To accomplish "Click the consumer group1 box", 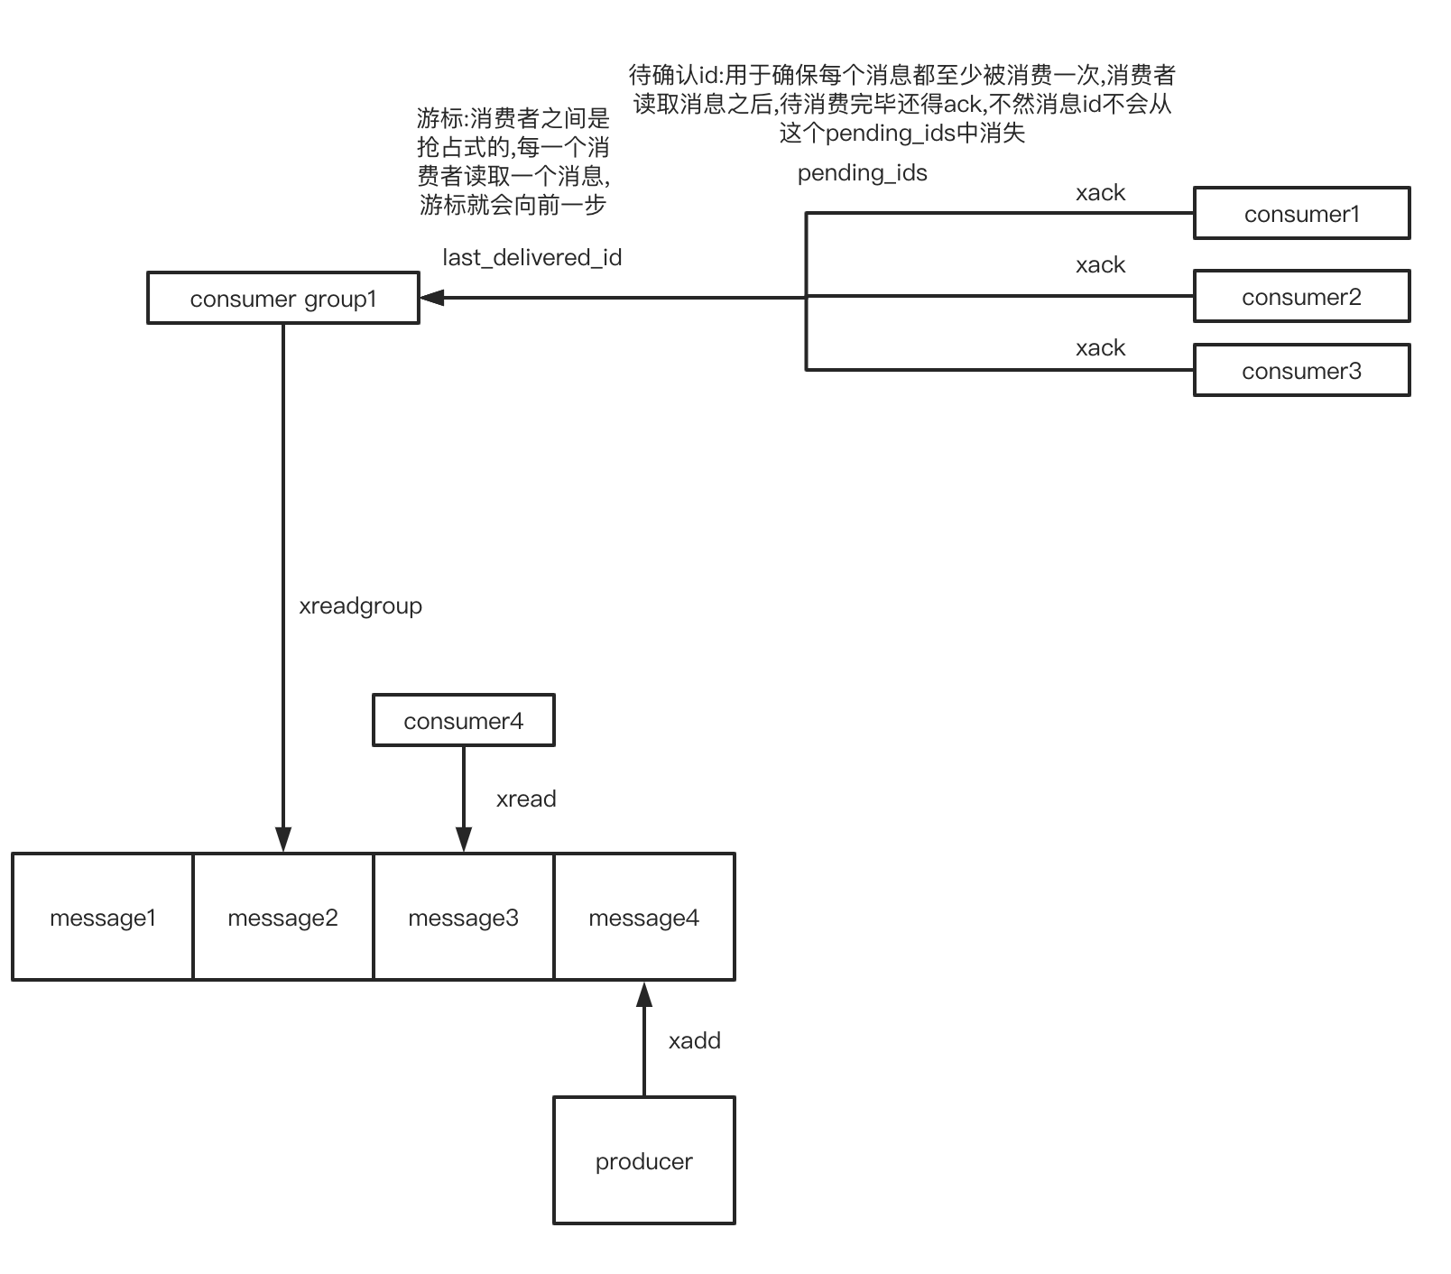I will [283, 298].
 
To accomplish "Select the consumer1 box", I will [1301, 214].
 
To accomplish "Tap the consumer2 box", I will [1301, 297].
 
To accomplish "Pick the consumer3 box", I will [1301, 371].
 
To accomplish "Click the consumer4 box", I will [463, 721].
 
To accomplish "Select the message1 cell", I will [103, 918].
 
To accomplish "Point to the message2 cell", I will [282, 918].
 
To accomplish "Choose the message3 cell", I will [463, 918].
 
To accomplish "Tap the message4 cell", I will [643, 918].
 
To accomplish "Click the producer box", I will [643, 1160].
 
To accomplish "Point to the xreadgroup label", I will [360, 605].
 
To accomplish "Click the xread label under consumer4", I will [526, 799].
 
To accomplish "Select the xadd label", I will [694, 1040].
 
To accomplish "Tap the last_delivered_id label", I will [531, 257].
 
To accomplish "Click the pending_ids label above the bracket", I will [862, 172].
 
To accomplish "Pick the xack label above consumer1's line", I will [1100, 192].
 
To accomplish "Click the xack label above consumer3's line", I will [1100, 347].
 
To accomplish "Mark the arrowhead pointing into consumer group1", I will [432, 297].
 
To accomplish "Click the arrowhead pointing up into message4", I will [643, 994].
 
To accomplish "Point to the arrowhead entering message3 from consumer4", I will [463, 840].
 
